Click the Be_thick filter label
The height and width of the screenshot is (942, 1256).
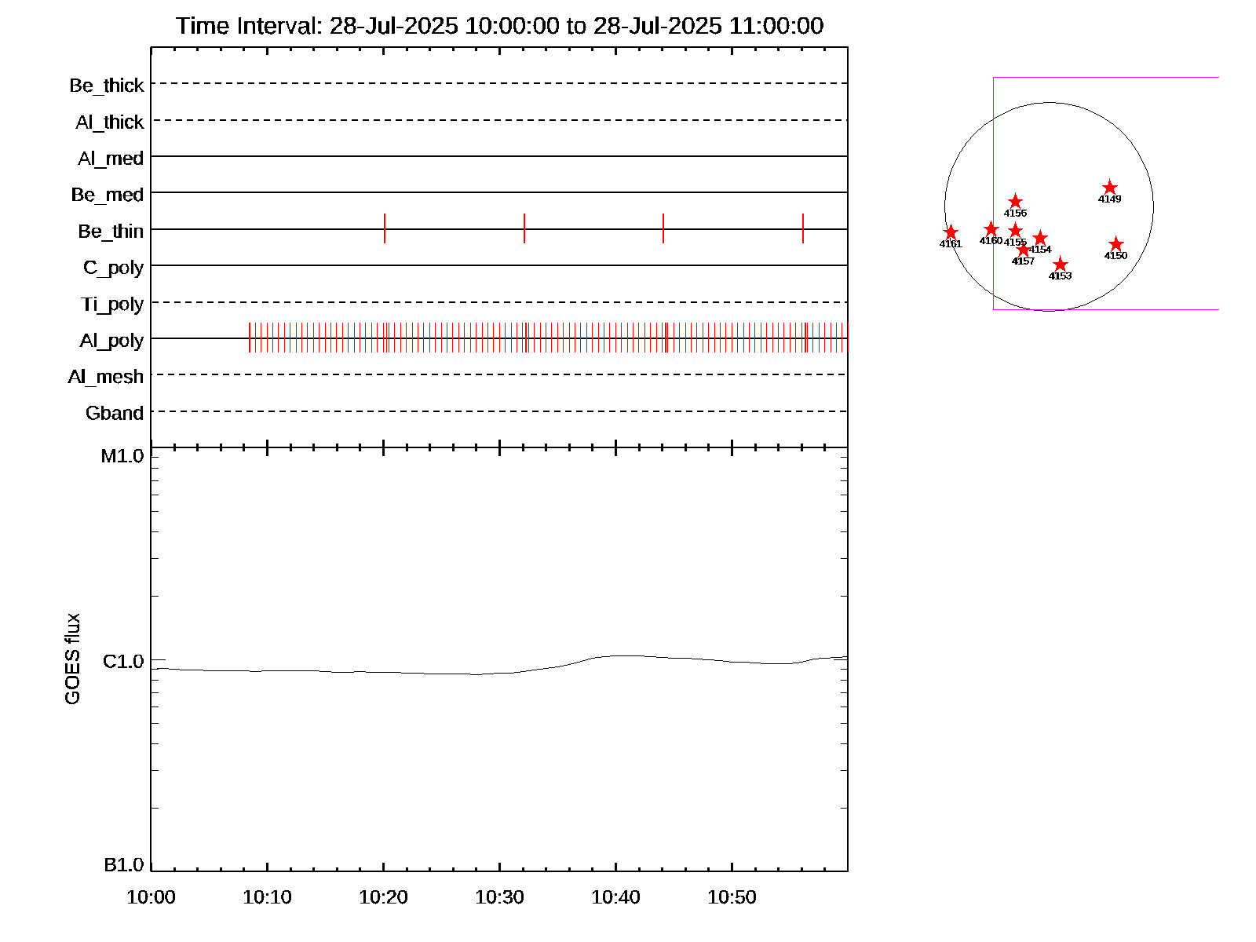point(107,86)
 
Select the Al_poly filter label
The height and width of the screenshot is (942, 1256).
point(111,341)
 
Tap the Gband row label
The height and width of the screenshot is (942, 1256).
point(115,414)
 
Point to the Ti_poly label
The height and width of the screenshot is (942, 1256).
point(112,305)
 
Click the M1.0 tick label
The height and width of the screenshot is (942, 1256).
point(122,456)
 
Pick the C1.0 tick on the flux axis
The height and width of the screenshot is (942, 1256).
point(123,662)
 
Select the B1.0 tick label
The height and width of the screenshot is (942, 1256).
point(124,865)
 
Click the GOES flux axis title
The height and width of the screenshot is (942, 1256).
point(72,659)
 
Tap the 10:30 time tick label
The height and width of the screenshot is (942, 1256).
point(499,897)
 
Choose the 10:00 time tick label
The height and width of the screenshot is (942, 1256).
point(151,897)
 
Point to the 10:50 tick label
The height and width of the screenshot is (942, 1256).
point(732,897)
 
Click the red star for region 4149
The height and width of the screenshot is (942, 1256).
point(1109,188)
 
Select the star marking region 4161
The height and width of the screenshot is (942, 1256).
point(951,232)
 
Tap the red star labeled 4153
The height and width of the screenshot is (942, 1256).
point(1060,265)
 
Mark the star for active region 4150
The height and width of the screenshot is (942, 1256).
point(1115,244)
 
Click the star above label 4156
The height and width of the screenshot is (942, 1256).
point(1015,202)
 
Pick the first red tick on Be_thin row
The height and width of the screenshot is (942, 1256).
point(385,228)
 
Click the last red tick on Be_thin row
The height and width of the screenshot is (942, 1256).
point(803,228)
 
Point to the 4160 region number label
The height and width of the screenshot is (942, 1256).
point(991,241)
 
